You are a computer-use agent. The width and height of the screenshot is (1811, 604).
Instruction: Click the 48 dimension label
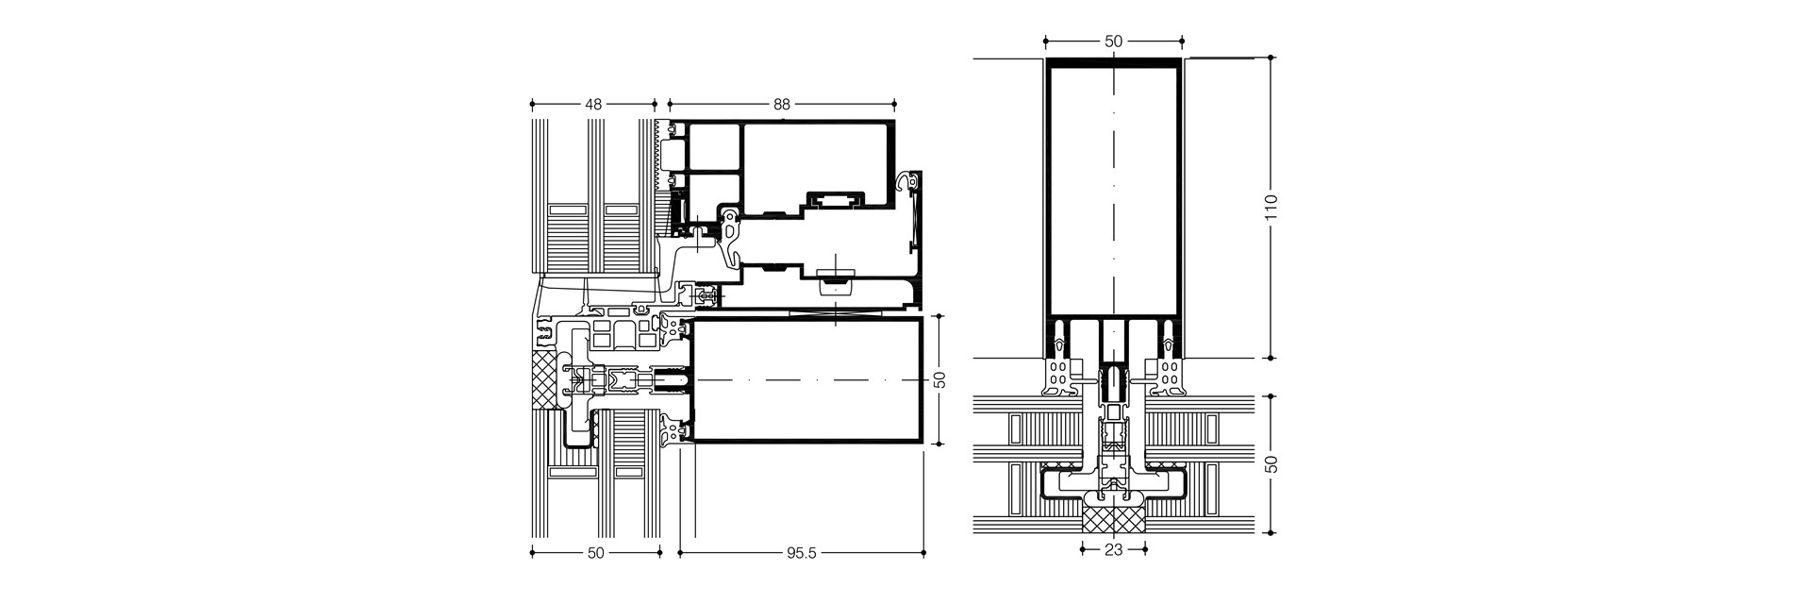coord(593,105)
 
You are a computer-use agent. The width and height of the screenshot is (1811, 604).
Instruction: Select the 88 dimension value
coord(781,105)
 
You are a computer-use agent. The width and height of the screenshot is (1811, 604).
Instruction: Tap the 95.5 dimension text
coord(800,554)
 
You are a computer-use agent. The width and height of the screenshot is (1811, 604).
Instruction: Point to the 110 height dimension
coord(1271,208)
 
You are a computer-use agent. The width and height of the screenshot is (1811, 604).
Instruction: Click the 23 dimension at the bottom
coord(1113,550)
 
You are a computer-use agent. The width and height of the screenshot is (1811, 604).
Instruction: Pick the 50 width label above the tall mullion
coord(1113,42)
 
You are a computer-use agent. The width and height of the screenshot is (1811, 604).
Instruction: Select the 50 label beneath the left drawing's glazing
coord(595,554)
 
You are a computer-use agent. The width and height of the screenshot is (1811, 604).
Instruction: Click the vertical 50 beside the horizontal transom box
coord(939,379)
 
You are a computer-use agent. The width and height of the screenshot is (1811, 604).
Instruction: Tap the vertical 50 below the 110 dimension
coord(1271,464)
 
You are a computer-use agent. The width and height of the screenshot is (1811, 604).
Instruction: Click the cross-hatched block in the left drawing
coord(545,381)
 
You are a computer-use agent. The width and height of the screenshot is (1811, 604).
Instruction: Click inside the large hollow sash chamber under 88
coord(816,165)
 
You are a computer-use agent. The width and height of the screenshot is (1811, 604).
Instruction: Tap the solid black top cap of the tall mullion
coord(1113,62)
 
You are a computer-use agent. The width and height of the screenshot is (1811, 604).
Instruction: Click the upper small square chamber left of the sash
coord(715,146)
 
